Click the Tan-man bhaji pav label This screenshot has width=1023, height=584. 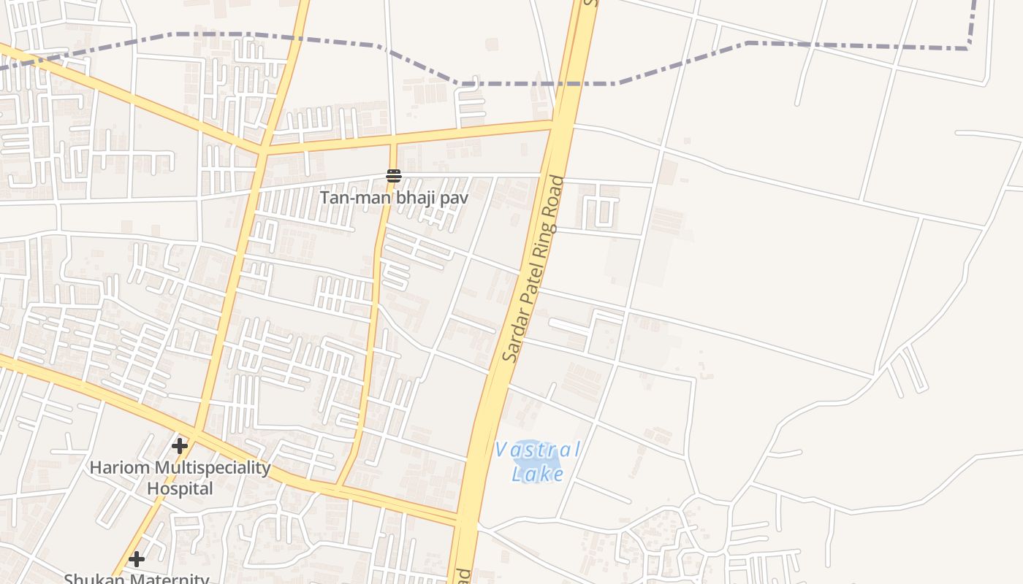(x=394, y=197)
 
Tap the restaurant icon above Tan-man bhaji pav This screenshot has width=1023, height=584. (x=394, y=175)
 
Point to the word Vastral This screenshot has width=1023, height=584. (x=538, y=450)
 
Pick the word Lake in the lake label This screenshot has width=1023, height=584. (x=538, y=474)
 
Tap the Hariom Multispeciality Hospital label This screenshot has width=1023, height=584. (x=180, y=477)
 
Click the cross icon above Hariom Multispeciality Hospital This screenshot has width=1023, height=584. (x=180, y=445)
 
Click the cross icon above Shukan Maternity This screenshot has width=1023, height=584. (x=137, y=560)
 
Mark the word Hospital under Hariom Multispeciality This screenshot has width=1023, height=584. (x=180, y=488)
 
